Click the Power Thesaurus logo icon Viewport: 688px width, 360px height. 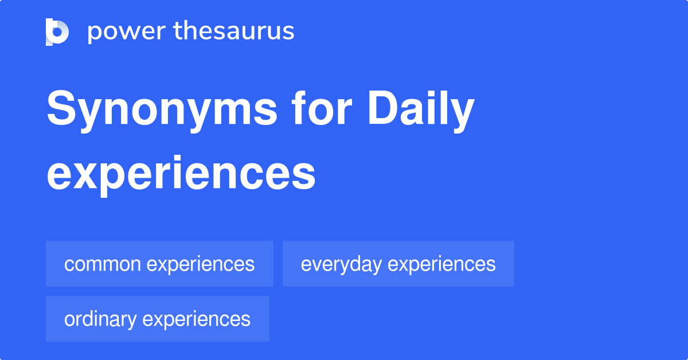tap(57, 32)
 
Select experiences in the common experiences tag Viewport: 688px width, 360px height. tap(201, 264)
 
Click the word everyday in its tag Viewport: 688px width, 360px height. tap(342, 264)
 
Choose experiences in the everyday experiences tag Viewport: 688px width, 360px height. tap(442, 264)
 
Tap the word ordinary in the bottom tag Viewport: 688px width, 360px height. tap(100, 319)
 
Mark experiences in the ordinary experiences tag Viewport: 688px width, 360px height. tap(197, 319)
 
